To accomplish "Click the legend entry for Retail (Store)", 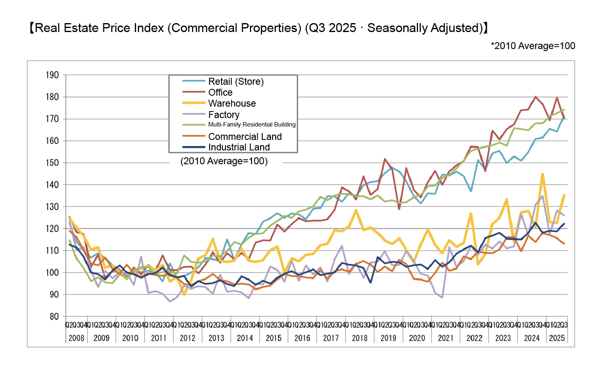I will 236,82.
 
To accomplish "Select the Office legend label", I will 220,92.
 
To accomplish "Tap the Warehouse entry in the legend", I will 232,103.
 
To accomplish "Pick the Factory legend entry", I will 224,115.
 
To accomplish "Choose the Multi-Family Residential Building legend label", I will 252,124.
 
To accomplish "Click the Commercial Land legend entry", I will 245,137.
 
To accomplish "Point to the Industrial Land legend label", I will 239,147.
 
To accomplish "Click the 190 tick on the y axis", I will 52,75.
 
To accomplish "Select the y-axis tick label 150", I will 52,163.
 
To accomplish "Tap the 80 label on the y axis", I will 54,316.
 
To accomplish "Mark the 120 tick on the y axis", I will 52,228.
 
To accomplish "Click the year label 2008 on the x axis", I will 76,338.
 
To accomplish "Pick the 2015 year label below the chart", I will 273,338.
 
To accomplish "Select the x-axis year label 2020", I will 417,338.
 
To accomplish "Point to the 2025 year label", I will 557,338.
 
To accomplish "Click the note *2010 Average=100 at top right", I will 533,46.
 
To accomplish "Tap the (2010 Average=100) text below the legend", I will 224,161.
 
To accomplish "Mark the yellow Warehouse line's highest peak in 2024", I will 542,174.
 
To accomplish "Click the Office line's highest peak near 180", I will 535,97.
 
